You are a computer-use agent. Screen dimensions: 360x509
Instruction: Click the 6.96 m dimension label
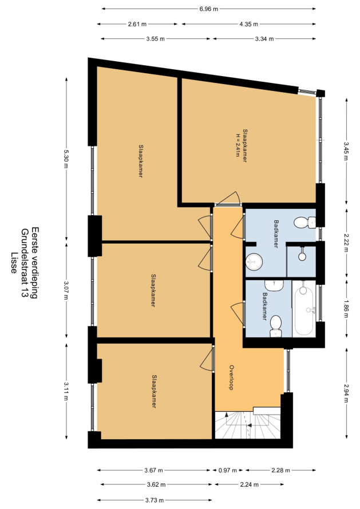click(x=208, y=9)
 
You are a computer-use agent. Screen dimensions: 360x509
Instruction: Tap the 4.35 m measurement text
click(x=249, y=24)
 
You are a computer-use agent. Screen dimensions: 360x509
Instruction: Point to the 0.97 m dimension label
click(x=228, y=470)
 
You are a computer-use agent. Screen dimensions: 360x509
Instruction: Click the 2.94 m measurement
click(x=347, y=393)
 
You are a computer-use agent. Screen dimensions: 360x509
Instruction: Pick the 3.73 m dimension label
click(x=154, y=500)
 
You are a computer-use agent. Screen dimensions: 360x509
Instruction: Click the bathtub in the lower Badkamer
click(x=304, y=308)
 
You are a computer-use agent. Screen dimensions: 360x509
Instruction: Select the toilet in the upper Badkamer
click(x=304, y=222)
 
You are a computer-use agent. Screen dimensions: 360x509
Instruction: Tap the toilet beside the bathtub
click(x=275, y=326)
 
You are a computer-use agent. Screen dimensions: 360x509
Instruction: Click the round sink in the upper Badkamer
click(x=254, y=261)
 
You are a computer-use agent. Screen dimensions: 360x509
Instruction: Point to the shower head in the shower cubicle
click(x=302, y=254)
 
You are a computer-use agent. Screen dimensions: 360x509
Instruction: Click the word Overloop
click(x=232, y=377)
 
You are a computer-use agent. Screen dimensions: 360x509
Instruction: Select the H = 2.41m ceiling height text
click(x=238, y=145)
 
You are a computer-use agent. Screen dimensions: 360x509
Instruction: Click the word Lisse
click(x=14, y=263)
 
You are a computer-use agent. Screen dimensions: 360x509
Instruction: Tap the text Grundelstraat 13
click(x=24, y=263)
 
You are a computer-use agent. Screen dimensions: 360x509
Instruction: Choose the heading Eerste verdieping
click(x=34, y=263)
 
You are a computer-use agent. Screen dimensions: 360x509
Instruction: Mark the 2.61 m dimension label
click(x=137, y=24)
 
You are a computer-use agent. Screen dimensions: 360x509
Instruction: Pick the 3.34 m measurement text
click(x=264, y=39)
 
